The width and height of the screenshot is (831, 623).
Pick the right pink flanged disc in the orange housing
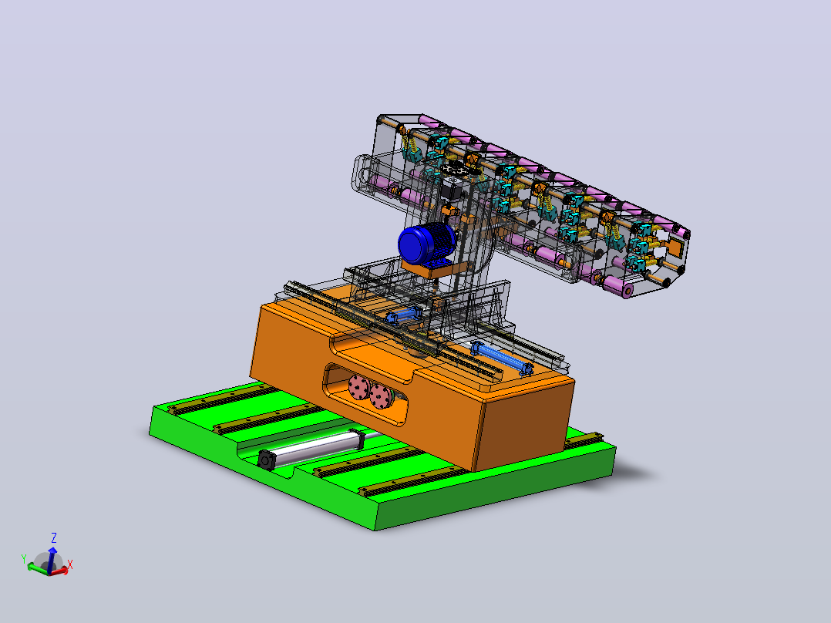(x=381, y=396)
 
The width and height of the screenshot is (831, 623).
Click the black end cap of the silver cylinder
(x=265, y=460)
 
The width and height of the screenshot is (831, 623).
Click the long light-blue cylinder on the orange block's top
(x=502, y=358)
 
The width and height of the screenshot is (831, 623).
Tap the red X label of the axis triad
(x=70, y=564)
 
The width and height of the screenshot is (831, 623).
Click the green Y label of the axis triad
(x=23, y=559)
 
